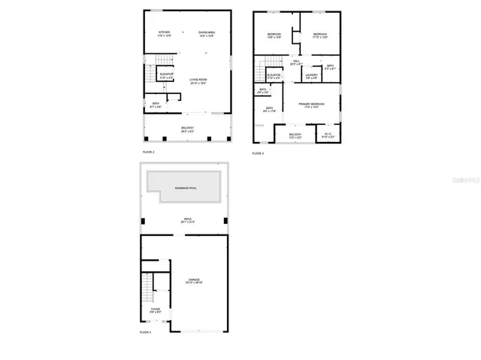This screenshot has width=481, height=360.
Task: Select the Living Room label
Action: point(198,81)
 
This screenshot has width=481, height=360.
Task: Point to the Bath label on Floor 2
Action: point(156,104)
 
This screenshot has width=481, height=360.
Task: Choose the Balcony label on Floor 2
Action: point(187,129)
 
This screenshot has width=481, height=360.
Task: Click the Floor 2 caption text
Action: point(148,153)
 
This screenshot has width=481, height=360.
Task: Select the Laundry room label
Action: point(311,76)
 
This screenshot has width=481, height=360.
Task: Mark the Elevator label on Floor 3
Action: point(274,76)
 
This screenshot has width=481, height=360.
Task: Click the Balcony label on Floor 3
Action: point(295,136)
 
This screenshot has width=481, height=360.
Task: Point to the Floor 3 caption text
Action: point(258,153)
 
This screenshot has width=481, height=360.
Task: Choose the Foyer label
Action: point(156,310)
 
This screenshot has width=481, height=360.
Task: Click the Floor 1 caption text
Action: point(145,332)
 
